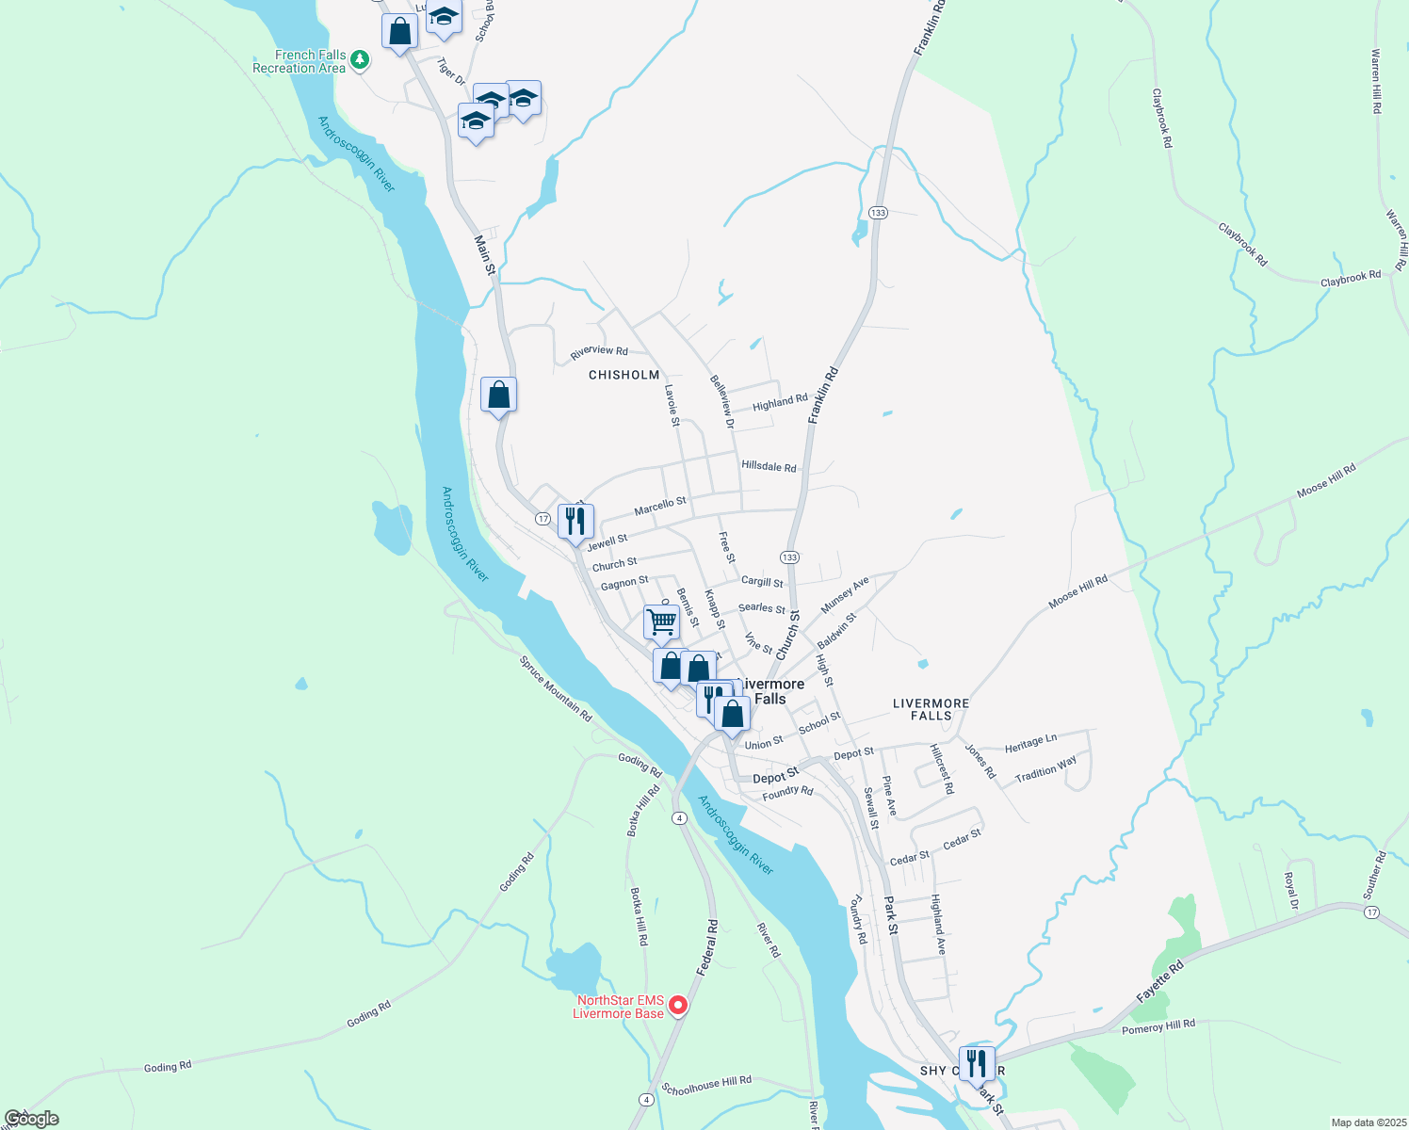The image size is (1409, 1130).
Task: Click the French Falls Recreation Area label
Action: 299,62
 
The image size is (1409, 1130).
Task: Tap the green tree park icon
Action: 360,62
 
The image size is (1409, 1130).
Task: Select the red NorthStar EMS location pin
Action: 677,1007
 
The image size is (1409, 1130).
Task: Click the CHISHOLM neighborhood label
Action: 624,375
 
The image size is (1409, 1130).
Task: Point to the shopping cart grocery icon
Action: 661,621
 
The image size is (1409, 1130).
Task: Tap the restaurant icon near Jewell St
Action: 575,521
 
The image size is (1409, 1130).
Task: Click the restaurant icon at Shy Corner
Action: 977,1062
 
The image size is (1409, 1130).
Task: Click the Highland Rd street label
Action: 780,402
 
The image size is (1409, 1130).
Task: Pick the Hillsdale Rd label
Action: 769,466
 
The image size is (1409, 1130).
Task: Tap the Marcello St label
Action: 660,506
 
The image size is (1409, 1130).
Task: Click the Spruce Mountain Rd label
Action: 556,688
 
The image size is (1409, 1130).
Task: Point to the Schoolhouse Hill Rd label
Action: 706,1086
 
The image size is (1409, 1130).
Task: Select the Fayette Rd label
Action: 1159,981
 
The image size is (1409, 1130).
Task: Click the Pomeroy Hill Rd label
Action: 1158,1025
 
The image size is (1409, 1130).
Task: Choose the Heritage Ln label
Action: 1030,743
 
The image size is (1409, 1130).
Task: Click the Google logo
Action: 31,1119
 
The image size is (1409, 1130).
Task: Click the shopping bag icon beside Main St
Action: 498,395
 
